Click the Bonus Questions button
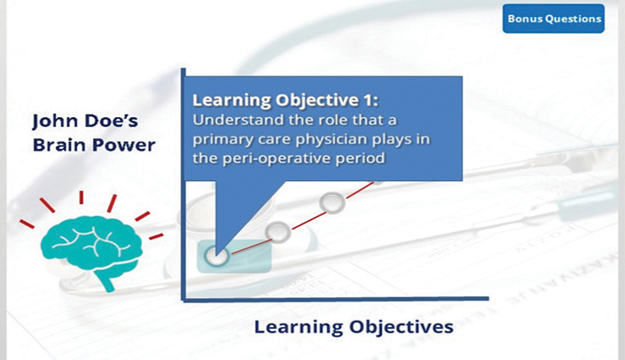(x=553, y=19)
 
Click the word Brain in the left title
(x=55, y=145)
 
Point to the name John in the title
(x=51, y=121)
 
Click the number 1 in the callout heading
(x=368, y=99)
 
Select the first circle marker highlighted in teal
(x=216, y=255)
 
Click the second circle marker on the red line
(x=277, y=231)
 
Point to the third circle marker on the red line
(x=332, y=202)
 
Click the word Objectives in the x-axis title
(x=402, y=327)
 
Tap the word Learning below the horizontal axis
(x=299, y=328)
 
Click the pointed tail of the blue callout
(x=216, y=254)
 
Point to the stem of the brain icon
(x=105, y=281)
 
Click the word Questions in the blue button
(x=574, y=19)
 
